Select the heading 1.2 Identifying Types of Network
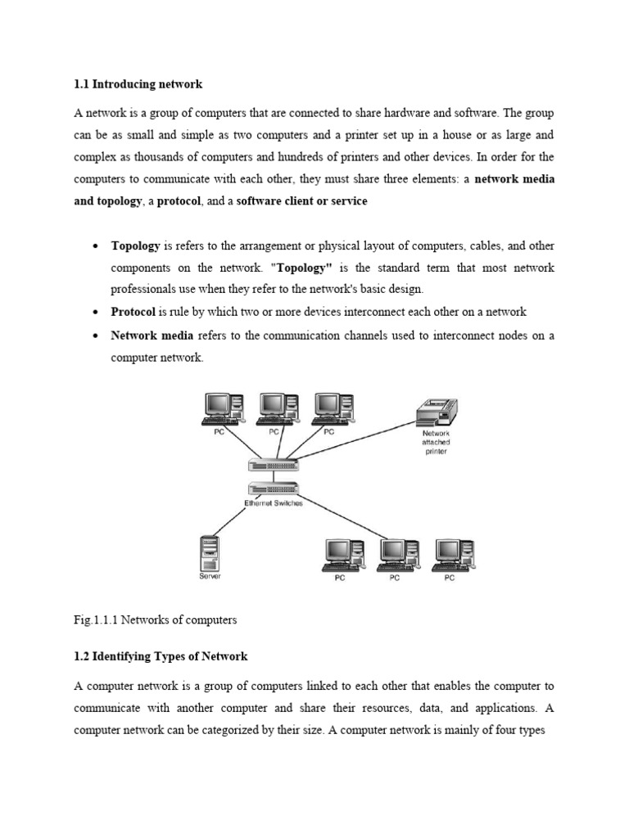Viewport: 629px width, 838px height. coord(161,656)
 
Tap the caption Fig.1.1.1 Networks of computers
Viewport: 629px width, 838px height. coord(155,620)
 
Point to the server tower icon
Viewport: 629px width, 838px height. coord(210,552)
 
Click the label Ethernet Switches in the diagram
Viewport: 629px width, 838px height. coord(274,503)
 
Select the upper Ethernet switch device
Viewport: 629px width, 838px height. coord(274,465)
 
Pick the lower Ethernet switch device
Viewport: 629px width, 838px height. coord(274,489)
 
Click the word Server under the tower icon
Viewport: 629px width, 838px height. coord(209,576)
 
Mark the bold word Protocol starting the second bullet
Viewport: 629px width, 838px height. coord(133,312)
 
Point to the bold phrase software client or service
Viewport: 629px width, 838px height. coord(301,201)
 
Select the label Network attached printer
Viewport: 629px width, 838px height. coord(436,443)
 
